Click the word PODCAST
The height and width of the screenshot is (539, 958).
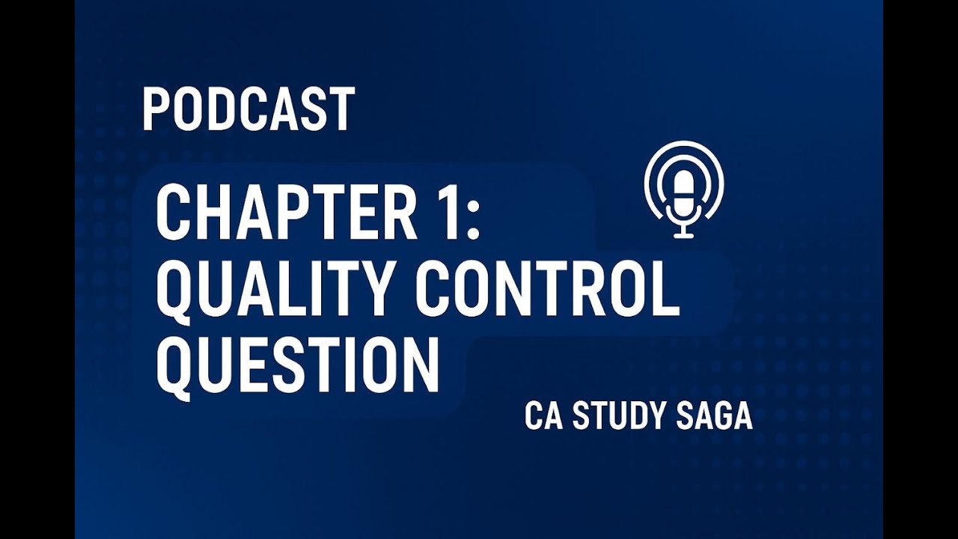point(248,109)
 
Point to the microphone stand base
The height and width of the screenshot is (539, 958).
point(684,235)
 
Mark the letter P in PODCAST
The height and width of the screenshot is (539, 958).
point(155,109)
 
